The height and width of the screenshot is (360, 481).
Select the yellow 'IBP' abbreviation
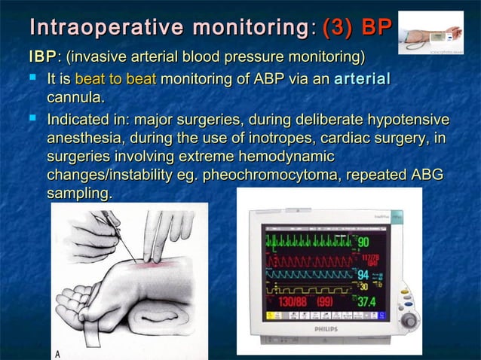pos(41,58)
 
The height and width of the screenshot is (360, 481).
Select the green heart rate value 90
pos(363,243)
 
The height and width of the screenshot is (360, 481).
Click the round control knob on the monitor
pos(411,321)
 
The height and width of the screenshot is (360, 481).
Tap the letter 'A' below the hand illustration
pos(56,352)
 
